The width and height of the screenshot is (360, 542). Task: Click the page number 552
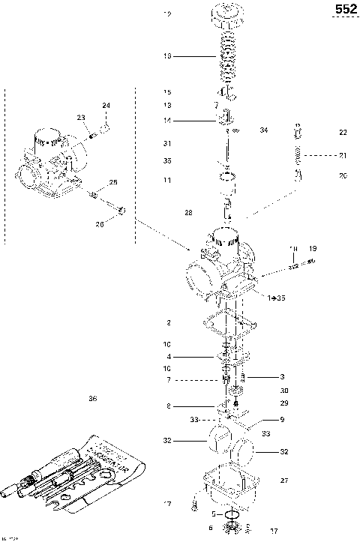click(346, 10)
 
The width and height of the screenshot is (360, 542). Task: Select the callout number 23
click(81, 117)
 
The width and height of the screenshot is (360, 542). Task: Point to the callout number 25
click(113, 182)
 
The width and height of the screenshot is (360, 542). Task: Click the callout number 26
click(100, 223)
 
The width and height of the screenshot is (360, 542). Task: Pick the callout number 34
click(263, 130)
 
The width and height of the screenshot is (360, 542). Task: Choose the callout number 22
click(343, 132)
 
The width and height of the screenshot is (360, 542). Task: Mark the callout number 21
click(343, 155)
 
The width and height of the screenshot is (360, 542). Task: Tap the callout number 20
click(343, 176)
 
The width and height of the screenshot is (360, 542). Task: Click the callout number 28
click(188, 213)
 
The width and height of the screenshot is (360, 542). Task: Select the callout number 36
click(93, 398)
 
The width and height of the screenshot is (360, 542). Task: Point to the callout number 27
click(283, 480)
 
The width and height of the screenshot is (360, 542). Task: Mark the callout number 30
click(284, 391)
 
